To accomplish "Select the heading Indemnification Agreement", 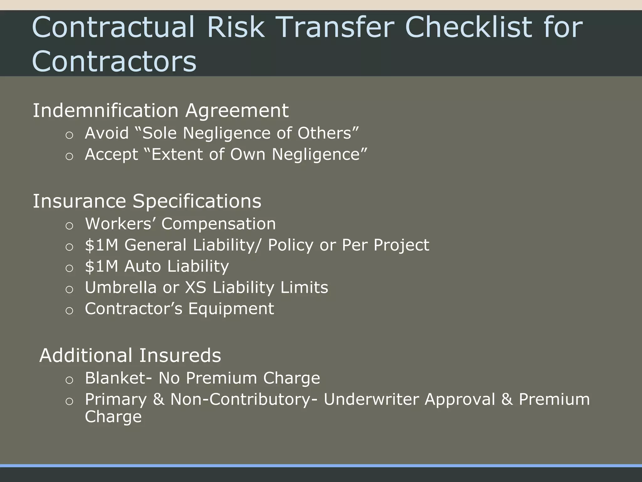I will click(x=160, y=110).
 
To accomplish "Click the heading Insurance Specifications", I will click(x=147, y=201).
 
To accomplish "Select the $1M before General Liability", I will click(x=102, y=245).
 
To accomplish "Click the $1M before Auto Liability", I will click(x=102, y=266).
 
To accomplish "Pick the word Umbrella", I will click(x=121, y=287).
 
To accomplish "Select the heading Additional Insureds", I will click(x=130, y=356).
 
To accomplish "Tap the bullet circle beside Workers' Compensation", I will click(x=69, y=226).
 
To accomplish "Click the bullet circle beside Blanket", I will click(x=69, y=380).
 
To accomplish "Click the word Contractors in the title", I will click(x=114, y=61).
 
